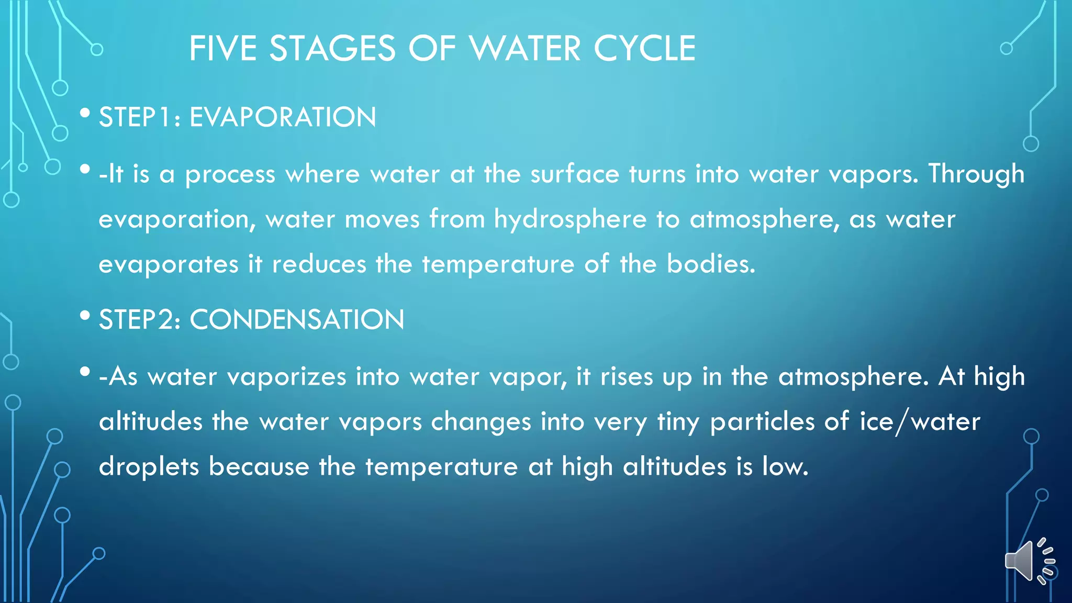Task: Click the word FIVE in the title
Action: point(222,49)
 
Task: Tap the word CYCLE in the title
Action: point(644,49)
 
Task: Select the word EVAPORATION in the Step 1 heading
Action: point(283,117)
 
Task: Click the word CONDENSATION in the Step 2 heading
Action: point(297,319)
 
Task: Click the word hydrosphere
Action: point(570,219)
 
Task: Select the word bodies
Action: point(710,264)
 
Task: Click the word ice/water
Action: point(920,422)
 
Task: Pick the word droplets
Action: point(149,467)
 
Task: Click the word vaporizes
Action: point(286,377)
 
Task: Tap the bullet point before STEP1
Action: point(85,113)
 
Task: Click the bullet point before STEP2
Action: point(85,316)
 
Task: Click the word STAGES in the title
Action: point(332,49)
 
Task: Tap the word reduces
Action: point(319,264)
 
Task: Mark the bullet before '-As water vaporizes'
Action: point(85,373)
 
